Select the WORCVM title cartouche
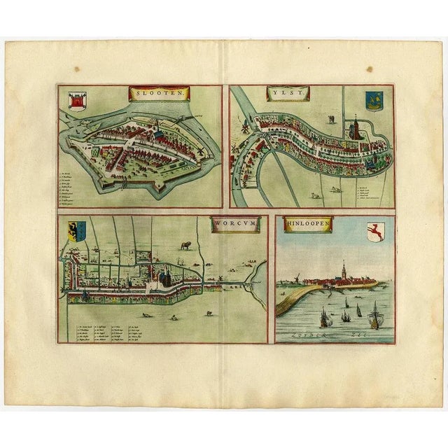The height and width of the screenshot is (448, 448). (235, 223)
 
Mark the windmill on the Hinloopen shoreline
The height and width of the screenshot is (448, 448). (300, 279)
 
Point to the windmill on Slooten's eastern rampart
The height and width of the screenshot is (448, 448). (199, 150)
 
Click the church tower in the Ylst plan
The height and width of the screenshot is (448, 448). (356, 129)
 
